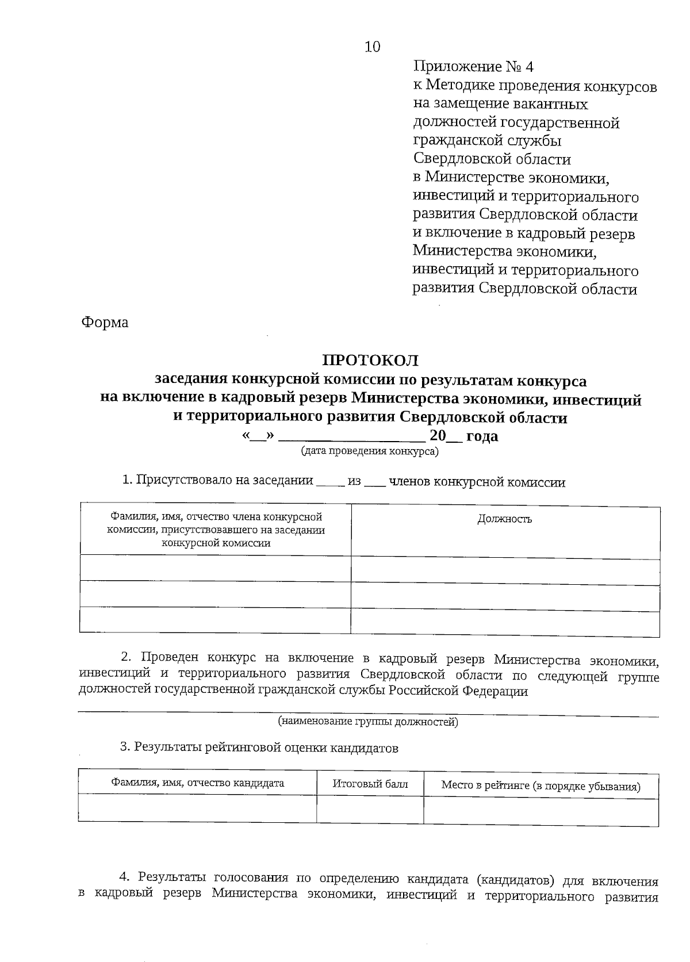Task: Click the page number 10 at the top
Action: pos(372,47)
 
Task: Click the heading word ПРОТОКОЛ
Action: pos(370,361)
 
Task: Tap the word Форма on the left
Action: pos(105,323)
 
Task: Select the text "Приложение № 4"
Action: pos(473,67)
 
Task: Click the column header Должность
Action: pos(505,519)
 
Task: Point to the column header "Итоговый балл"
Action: pos(370,784)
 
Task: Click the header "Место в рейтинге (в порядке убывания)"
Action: pos(540,786)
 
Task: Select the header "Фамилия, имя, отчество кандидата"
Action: pos(197,783)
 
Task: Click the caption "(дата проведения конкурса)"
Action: pos(370,451)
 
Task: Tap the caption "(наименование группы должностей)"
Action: pos(368,722)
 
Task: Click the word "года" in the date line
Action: pos(482,436)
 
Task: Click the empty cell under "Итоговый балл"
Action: pos(370,810)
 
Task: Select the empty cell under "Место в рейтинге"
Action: pos(540,811)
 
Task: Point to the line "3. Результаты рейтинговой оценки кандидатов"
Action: pos(259,748)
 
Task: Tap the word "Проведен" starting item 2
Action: pos(170,658)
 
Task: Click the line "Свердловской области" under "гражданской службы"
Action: pos(492,159)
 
